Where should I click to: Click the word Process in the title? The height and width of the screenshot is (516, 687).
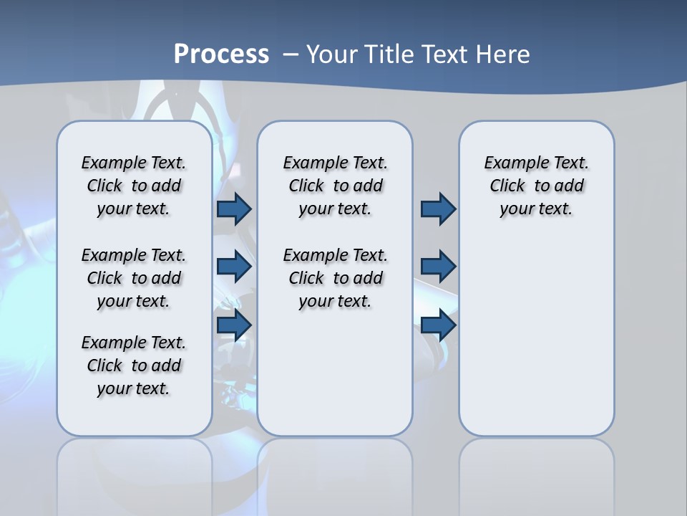(221, 54)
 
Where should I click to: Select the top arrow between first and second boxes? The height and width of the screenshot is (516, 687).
(234, 209)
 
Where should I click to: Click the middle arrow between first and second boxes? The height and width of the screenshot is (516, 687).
(234, 267)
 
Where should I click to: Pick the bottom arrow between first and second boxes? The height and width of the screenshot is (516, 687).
(234, 325)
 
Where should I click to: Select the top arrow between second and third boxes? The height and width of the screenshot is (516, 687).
(438, 209)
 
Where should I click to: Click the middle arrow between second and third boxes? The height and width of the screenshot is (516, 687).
(438, 267)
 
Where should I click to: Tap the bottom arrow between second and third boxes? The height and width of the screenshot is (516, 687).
(438, 325)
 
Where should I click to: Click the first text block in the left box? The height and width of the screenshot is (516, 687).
(134, 186)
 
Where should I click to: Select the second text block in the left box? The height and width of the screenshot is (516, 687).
(134, 278)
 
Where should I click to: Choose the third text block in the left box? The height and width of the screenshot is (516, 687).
(134, 365)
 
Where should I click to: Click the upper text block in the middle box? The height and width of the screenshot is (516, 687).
(335, 186)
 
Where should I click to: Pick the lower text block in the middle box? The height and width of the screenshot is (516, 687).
(335, 278)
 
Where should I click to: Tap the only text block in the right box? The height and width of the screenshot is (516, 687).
(537, 186)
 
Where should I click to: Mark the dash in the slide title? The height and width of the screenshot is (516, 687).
(291, 54)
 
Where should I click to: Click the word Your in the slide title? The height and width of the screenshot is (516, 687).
(333, 54)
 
